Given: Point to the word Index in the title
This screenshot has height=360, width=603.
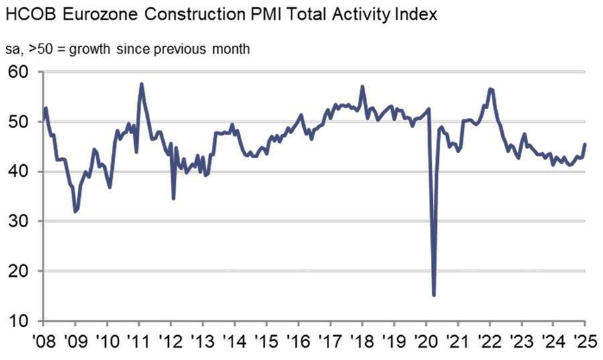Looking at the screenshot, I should point(416,14).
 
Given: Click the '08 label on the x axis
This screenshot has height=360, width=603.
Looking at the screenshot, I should point(44,340).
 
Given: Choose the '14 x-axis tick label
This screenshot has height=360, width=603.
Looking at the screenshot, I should point(234,340).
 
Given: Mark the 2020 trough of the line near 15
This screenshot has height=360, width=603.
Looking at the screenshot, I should point(434,295).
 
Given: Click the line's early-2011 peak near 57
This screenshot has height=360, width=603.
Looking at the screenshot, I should point(141,84).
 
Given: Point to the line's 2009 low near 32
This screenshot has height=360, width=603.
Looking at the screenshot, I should point(75,212).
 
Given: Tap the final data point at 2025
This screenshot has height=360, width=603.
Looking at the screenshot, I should point(586,144).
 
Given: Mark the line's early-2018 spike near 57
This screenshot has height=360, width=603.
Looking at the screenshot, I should point(362,86).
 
